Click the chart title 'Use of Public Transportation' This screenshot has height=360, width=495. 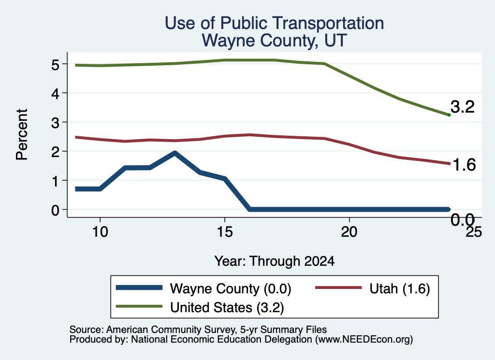pyautogui.click(x=275, y=23)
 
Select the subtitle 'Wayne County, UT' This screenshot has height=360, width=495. pyautogui.click(x=275, y=41)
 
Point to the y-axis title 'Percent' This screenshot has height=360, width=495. pyautogui.click(x=22, y=134)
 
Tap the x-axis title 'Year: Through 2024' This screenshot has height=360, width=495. pyautogui.click(x=275, y=261)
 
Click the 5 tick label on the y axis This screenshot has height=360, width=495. pyautogui.click(x=55, y=65)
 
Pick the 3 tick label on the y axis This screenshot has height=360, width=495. pyautogui.click(x=55, y=123)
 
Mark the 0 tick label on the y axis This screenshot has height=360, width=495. pyautogui.click(x=55, y=210)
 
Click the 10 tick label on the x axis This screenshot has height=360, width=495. pyautogui.click(x=100, y=232)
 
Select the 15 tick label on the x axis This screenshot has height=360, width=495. pyautogui.click(x=225, y=232)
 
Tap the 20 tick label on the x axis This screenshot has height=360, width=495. pyautogui.click(x=349, y=232)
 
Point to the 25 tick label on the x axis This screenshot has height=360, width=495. pyautogui.click(x=474, y=232)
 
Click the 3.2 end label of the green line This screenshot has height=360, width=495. pyautogui.click(x=463, y=107)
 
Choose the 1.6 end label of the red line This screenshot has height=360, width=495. pyautogui.click(x=464, y=165)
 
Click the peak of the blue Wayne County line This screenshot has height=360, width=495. pyautogui.click(x=175, y=153)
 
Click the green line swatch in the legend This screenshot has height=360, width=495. pyautogui.click(x=139, y=306)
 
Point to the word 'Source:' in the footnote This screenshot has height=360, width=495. pyautogui.click(x=87, y=330)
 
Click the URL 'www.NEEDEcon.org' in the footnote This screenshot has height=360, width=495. pyautogui.click(x=364, y=340)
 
